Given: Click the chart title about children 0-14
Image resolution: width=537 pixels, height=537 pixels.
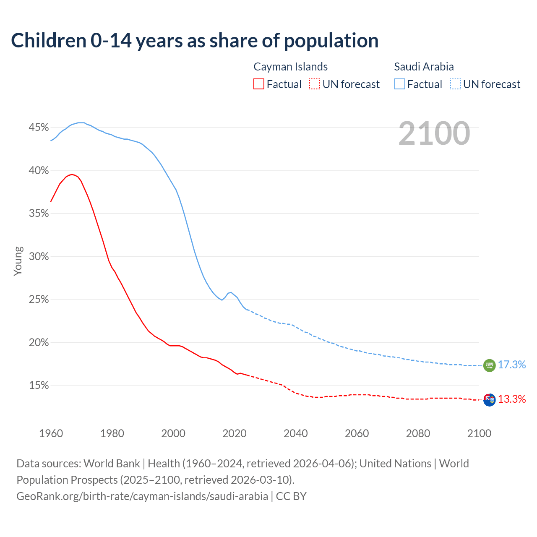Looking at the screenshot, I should (195, 41).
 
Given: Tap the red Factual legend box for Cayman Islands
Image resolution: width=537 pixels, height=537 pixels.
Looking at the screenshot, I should (259, 84).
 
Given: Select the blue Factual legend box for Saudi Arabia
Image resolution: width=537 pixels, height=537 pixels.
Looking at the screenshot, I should (400, 84).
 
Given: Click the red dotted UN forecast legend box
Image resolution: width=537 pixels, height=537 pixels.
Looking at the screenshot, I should (315, 84).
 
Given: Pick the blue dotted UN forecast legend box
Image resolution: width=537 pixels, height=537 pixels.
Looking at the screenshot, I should (456, 84).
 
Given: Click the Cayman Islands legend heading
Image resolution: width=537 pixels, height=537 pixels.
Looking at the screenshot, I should (290, 67).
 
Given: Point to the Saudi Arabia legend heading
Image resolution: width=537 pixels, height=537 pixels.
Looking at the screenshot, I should (424, 67).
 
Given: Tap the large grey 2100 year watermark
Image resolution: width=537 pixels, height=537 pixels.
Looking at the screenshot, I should (434, 133).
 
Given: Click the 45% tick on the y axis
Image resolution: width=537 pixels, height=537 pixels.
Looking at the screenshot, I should (39, 128).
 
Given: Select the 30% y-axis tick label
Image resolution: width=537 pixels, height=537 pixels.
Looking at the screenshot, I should (39, 257).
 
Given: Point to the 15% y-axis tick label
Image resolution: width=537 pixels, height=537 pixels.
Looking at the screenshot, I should (39, 386).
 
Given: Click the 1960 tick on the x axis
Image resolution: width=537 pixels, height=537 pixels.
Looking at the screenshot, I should (51, 433).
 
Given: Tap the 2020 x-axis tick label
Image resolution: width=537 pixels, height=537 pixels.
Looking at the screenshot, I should (234, 433).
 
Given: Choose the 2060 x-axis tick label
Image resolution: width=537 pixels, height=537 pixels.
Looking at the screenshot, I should (357, 433).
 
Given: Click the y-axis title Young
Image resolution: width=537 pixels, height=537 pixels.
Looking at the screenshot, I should (18, 261).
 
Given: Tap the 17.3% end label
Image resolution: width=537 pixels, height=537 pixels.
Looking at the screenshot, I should (512, 365).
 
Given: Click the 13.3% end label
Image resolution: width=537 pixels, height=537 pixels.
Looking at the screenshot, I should (512, 399).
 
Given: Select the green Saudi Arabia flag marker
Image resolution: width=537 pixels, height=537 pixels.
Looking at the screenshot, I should (489, 365).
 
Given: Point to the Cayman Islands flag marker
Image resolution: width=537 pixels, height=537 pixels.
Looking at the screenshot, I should (489, 400).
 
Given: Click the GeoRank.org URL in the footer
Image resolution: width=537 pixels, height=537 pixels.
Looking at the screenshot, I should (142, 496).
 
